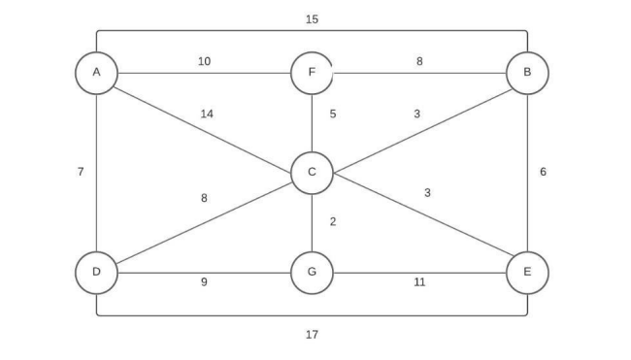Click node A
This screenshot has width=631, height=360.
96,73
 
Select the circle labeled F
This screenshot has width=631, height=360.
312,73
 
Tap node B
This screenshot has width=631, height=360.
527,73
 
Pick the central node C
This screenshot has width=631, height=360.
312,173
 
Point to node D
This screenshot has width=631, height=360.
96,272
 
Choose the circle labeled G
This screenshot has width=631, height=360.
312,272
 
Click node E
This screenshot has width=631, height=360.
527,272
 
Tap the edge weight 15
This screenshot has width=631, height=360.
312,19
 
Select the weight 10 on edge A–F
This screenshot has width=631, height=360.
204,61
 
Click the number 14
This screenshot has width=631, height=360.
207,114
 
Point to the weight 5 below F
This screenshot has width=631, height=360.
333,114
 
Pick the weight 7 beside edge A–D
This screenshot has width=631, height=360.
81,172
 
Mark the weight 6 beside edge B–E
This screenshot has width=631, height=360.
544,172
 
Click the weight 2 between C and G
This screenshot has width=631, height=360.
333,222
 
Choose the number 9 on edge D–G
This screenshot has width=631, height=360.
204,282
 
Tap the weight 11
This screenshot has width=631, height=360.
419,282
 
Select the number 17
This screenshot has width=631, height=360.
312,335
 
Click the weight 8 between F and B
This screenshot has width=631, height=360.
419,61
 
